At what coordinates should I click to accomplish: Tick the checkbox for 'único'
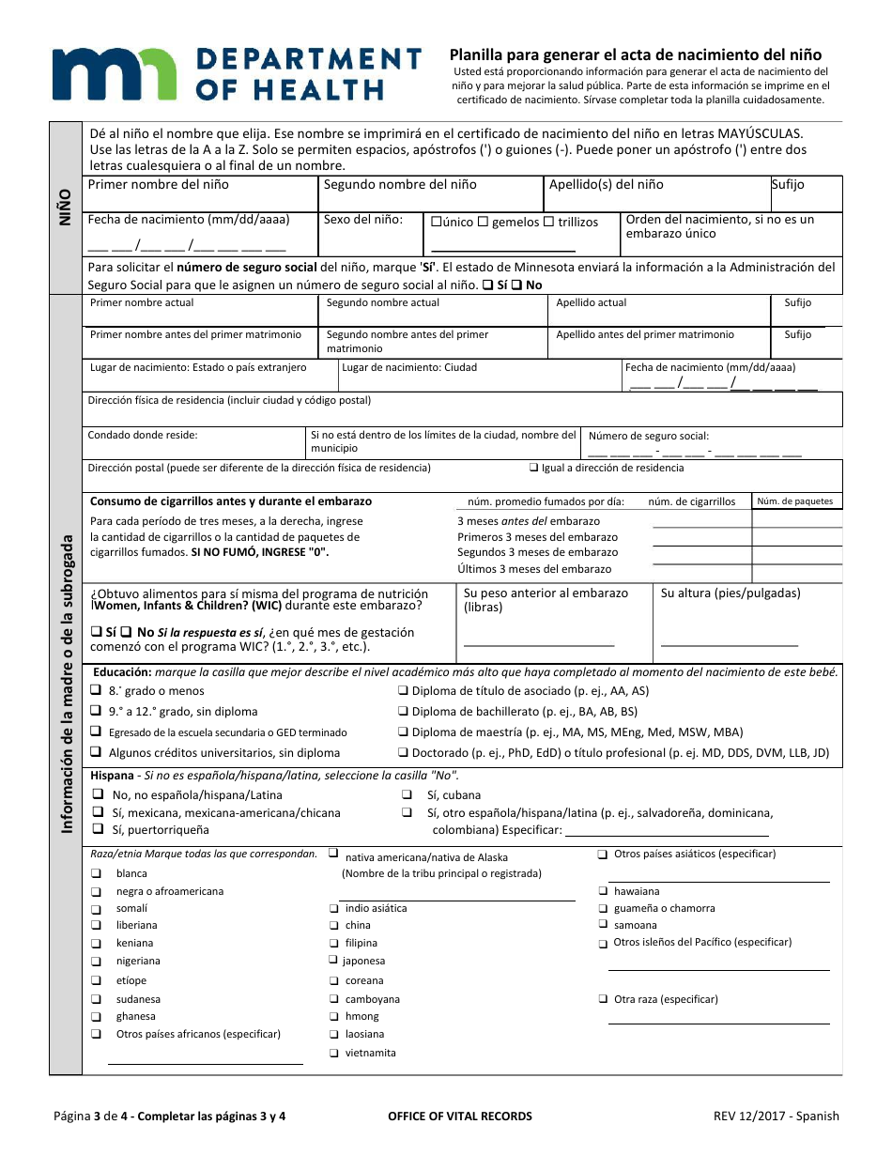[x=436, y=223]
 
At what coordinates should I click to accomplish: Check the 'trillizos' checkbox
[x=549, y=223]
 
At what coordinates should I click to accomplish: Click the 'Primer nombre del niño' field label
[x=158, y=185]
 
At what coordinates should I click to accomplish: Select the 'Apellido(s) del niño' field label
[x=607, y=185]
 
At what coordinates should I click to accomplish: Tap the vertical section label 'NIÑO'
[x=65, y=204]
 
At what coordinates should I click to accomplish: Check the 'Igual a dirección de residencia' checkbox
[x=533, y=468]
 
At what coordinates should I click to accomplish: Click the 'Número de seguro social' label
[x=648, y=436]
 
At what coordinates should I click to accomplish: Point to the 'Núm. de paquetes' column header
[x=794, y=501]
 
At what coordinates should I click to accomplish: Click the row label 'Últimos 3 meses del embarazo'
[x=533, y=569]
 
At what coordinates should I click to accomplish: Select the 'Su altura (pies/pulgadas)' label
[x=731, y=593]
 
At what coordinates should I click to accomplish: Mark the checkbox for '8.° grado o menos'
[x=96, y=690]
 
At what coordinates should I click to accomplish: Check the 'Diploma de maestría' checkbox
[x=403, y=732]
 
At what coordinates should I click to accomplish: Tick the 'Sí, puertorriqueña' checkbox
[x=97, y=829]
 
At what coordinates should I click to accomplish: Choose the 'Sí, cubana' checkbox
[x=407, y=795]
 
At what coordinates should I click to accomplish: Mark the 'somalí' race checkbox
[x=97, y=909]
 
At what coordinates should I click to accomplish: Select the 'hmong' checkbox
[x=334, y=1017]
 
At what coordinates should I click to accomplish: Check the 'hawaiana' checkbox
[x=603, y=891]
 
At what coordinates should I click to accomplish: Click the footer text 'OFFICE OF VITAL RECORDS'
[x=459, y=1116]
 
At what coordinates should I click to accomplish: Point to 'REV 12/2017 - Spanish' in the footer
[x=776, y=1116]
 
